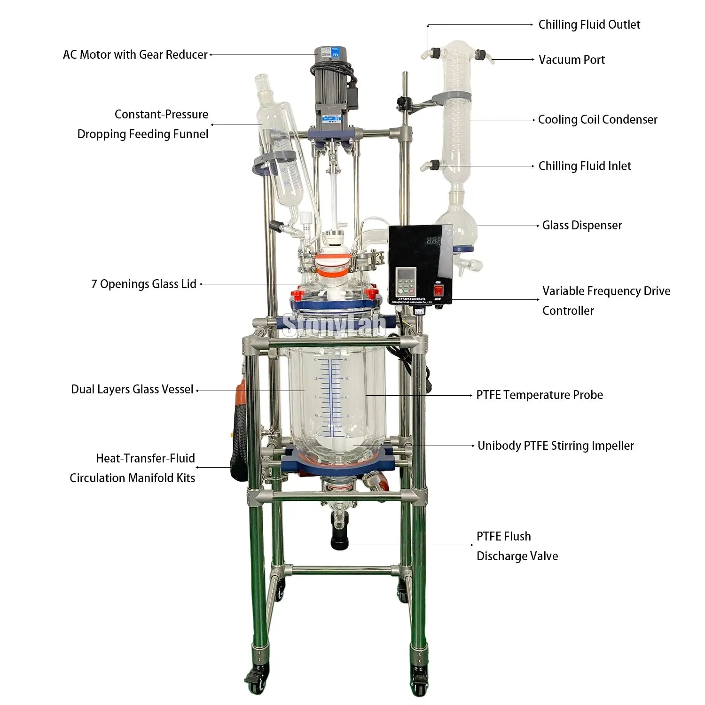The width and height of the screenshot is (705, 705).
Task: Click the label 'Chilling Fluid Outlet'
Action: [x=589, y=25]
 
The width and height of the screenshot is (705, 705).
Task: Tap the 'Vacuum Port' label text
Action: [x=572, y=60]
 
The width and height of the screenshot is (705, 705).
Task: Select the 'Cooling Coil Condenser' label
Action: [x=597, y=120]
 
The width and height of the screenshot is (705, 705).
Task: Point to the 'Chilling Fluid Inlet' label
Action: [x=585, y=166]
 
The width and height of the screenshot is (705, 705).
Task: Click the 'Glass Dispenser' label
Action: [x=582, y=226]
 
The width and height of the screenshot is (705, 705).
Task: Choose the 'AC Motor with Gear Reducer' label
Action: [x=135, y=55]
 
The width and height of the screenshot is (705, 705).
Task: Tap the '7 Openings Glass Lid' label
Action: [x=144, y=284]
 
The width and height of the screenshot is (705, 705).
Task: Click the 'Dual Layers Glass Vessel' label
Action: [x=132, y=390]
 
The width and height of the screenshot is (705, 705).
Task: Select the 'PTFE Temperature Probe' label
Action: [x=540, y=395]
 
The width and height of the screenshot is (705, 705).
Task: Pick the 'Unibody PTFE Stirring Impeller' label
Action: [x=556, y=446]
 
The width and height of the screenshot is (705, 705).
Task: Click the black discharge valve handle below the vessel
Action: [x=339, y=540]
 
